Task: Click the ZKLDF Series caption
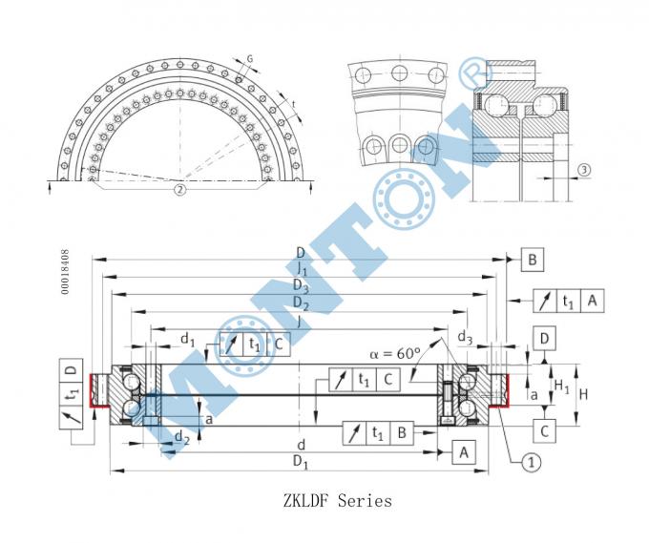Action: click(x=337, y=500)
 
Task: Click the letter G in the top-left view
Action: click(x=250, y=59)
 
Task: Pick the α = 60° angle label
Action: click(x=394, y=353)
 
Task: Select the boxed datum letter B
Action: click(x=534, y=259)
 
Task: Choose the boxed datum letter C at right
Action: click(x=544, y=430)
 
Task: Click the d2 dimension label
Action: click(x=180, y=438)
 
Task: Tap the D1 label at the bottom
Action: click(x=301, y=464)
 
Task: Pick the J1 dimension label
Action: click(x=301, y=270)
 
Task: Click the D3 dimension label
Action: click(x=301, y=286)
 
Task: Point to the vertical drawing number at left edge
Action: click(x=65, y=272)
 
